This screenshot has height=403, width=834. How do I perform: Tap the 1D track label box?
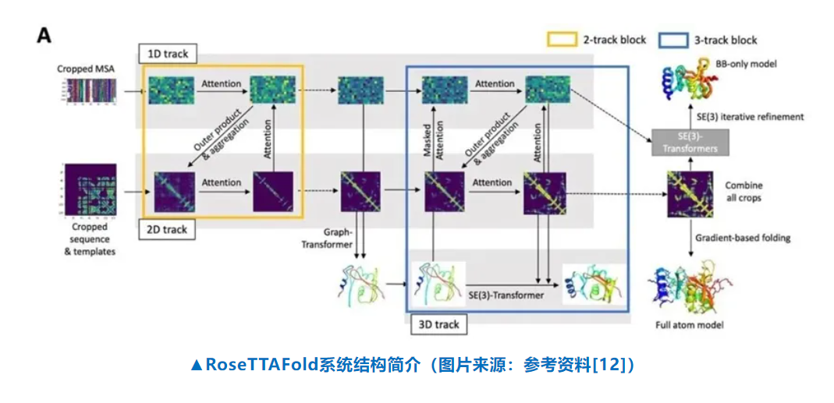pos(167,54)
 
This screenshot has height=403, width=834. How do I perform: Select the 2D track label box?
pos(168,230)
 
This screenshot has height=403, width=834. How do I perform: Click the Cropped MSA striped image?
pos(87,92)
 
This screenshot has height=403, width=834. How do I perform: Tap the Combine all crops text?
pos(744,192)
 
